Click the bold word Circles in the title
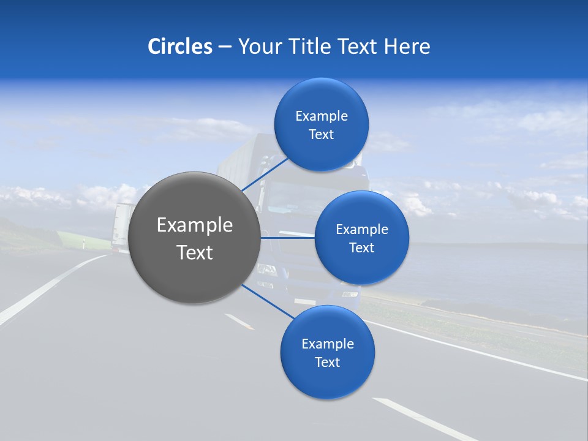pyautogui.click(x=180, y=47)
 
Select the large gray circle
pyautogui.click(x=195, y=238)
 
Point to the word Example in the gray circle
pyautogui.click(x=195, y=225)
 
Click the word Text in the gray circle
pyautogui.click(x=195, y=252)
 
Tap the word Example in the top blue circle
pyautogui.click(x=321, y=116)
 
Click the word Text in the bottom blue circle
pyautogui.click(x=327, y=362)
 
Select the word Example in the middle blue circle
pyautogui.click(x=361, y=230)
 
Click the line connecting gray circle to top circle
pyautogui.click(x=266, y=174)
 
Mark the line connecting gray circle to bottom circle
pyautogui.click(x=268, y=301)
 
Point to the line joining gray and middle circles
pyautogui.click(x=287, y=238)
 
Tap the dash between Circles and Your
pyautogui.click(x=225, y=47)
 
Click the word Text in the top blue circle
pyautogui.click(x=321, y=135)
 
